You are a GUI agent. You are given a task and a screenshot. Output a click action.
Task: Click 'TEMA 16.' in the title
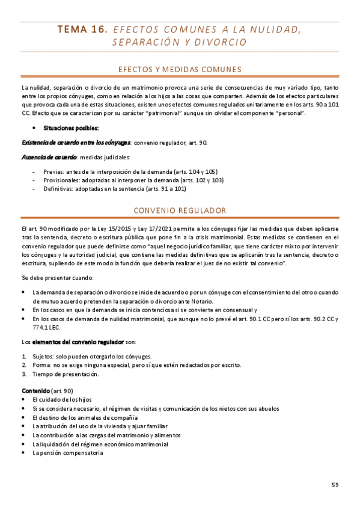pyautogui.click(x=82, y=28)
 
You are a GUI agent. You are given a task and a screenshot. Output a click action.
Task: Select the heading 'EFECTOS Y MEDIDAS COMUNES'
pyautogui.click(x=180, y=69)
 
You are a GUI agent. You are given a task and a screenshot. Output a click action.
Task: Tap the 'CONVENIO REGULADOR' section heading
pyautogui.click(x=180, y=210)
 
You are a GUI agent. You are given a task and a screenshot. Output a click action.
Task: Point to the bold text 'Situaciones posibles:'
pyautogui.click(x=66, y=128)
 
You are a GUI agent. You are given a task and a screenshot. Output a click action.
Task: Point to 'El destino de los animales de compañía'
pyautogui.click(x=85, y=417)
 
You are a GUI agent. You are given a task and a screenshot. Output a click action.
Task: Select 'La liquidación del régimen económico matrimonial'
pyautogui.click(x=100, y=444)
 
